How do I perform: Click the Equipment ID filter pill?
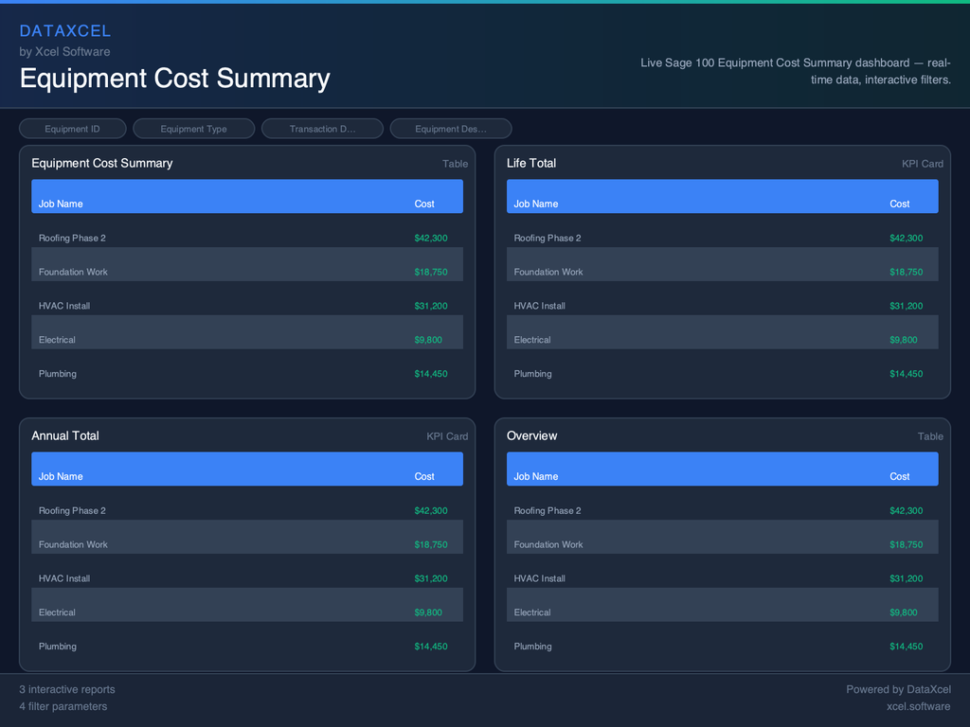tap(72, 129)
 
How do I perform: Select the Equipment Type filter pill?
tap(193, 129)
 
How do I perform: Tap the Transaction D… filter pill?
tap(322, 129)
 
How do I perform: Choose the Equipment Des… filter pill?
tap(451, 129)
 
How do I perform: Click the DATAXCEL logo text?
tap(65, 31)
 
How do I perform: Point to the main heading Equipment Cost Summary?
tap(175, 79)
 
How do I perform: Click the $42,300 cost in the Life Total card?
tap(906, 239)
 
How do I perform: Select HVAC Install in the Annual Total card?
tap(65, 578)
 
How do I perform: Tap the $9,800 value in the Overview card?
tap(903, 612)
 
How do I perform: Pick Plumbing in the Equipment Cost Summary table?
tap(58, 374)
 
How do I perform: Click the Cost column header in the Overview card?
tap(900, 477)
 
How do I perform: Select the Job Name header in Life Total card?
tap(536, 204)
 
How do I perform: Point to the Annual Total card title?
tap(65, 436)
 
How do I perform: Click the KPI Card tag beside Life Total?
tap(922, 164)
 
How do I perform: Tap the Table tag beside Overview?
tap(930, 436)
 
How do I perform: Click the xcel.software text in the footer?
tap(918, 706)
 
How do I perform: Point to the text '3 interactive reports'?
tap(67, 689)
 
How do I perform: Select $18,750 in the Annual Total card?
tap(431, 544)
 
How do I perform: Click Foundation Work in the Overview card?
tap(548, 544)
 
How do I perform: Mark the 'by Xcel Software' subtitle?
tap(64, 52)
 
